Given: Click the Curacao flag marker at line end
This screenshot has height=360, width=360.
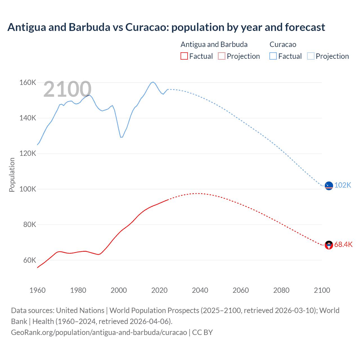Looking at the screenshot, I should (x=329, y=186).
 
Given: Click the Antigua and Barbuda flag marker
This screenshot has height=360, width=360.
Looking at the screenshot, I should (x=329, y=245).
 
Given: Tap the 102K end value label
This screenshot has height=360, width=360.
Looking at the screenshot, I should (x=343, y=185).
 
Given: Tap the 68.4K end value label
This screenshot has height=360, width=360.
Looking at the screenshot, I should (x=343, y=244).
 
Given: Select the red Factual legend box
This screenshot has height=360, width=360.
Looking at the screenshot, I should (x=184, y=56).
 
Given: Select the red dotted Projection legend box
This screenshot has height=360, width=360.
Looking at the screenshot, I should (x=222, y=56).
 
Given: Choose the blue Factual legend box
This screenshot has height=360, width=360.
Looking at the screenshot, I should (x=273, y=56).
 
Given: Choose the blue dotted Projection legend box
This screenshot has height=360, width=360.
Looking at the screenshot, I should (x=310, y=56).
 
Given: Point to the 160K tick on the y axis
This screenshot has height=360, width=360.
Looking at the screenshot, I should (x=28, y=82).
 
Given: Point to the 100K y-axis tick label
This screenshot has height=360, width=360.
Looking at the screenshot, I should (x=28, y=189).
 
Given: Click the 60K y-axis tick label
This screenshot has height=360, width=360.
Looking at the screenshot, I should (x=30, y=260).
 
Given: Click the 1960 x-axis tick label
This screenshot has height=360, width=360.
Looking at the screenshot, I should (x=37, y=290).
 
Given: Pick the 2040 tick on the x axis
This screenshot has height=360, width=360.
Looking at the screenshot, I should (x=200, y=290).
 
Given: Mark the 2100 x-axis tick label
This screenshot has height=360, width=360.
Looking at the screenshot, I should (x=322, y=290).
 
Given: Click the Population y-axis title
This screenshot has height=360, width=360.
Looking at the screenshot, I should (x=12, y=175).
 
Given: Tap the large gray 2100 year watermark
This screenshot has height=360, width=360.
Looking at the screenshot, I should (x=67, y=89).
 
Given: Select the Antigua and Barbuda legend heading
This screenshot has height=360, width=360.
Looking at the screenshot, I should (x=214, y=44).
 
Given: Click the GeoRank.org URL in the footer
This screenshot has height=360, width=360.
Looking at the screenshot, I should (x=99, y=332).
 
